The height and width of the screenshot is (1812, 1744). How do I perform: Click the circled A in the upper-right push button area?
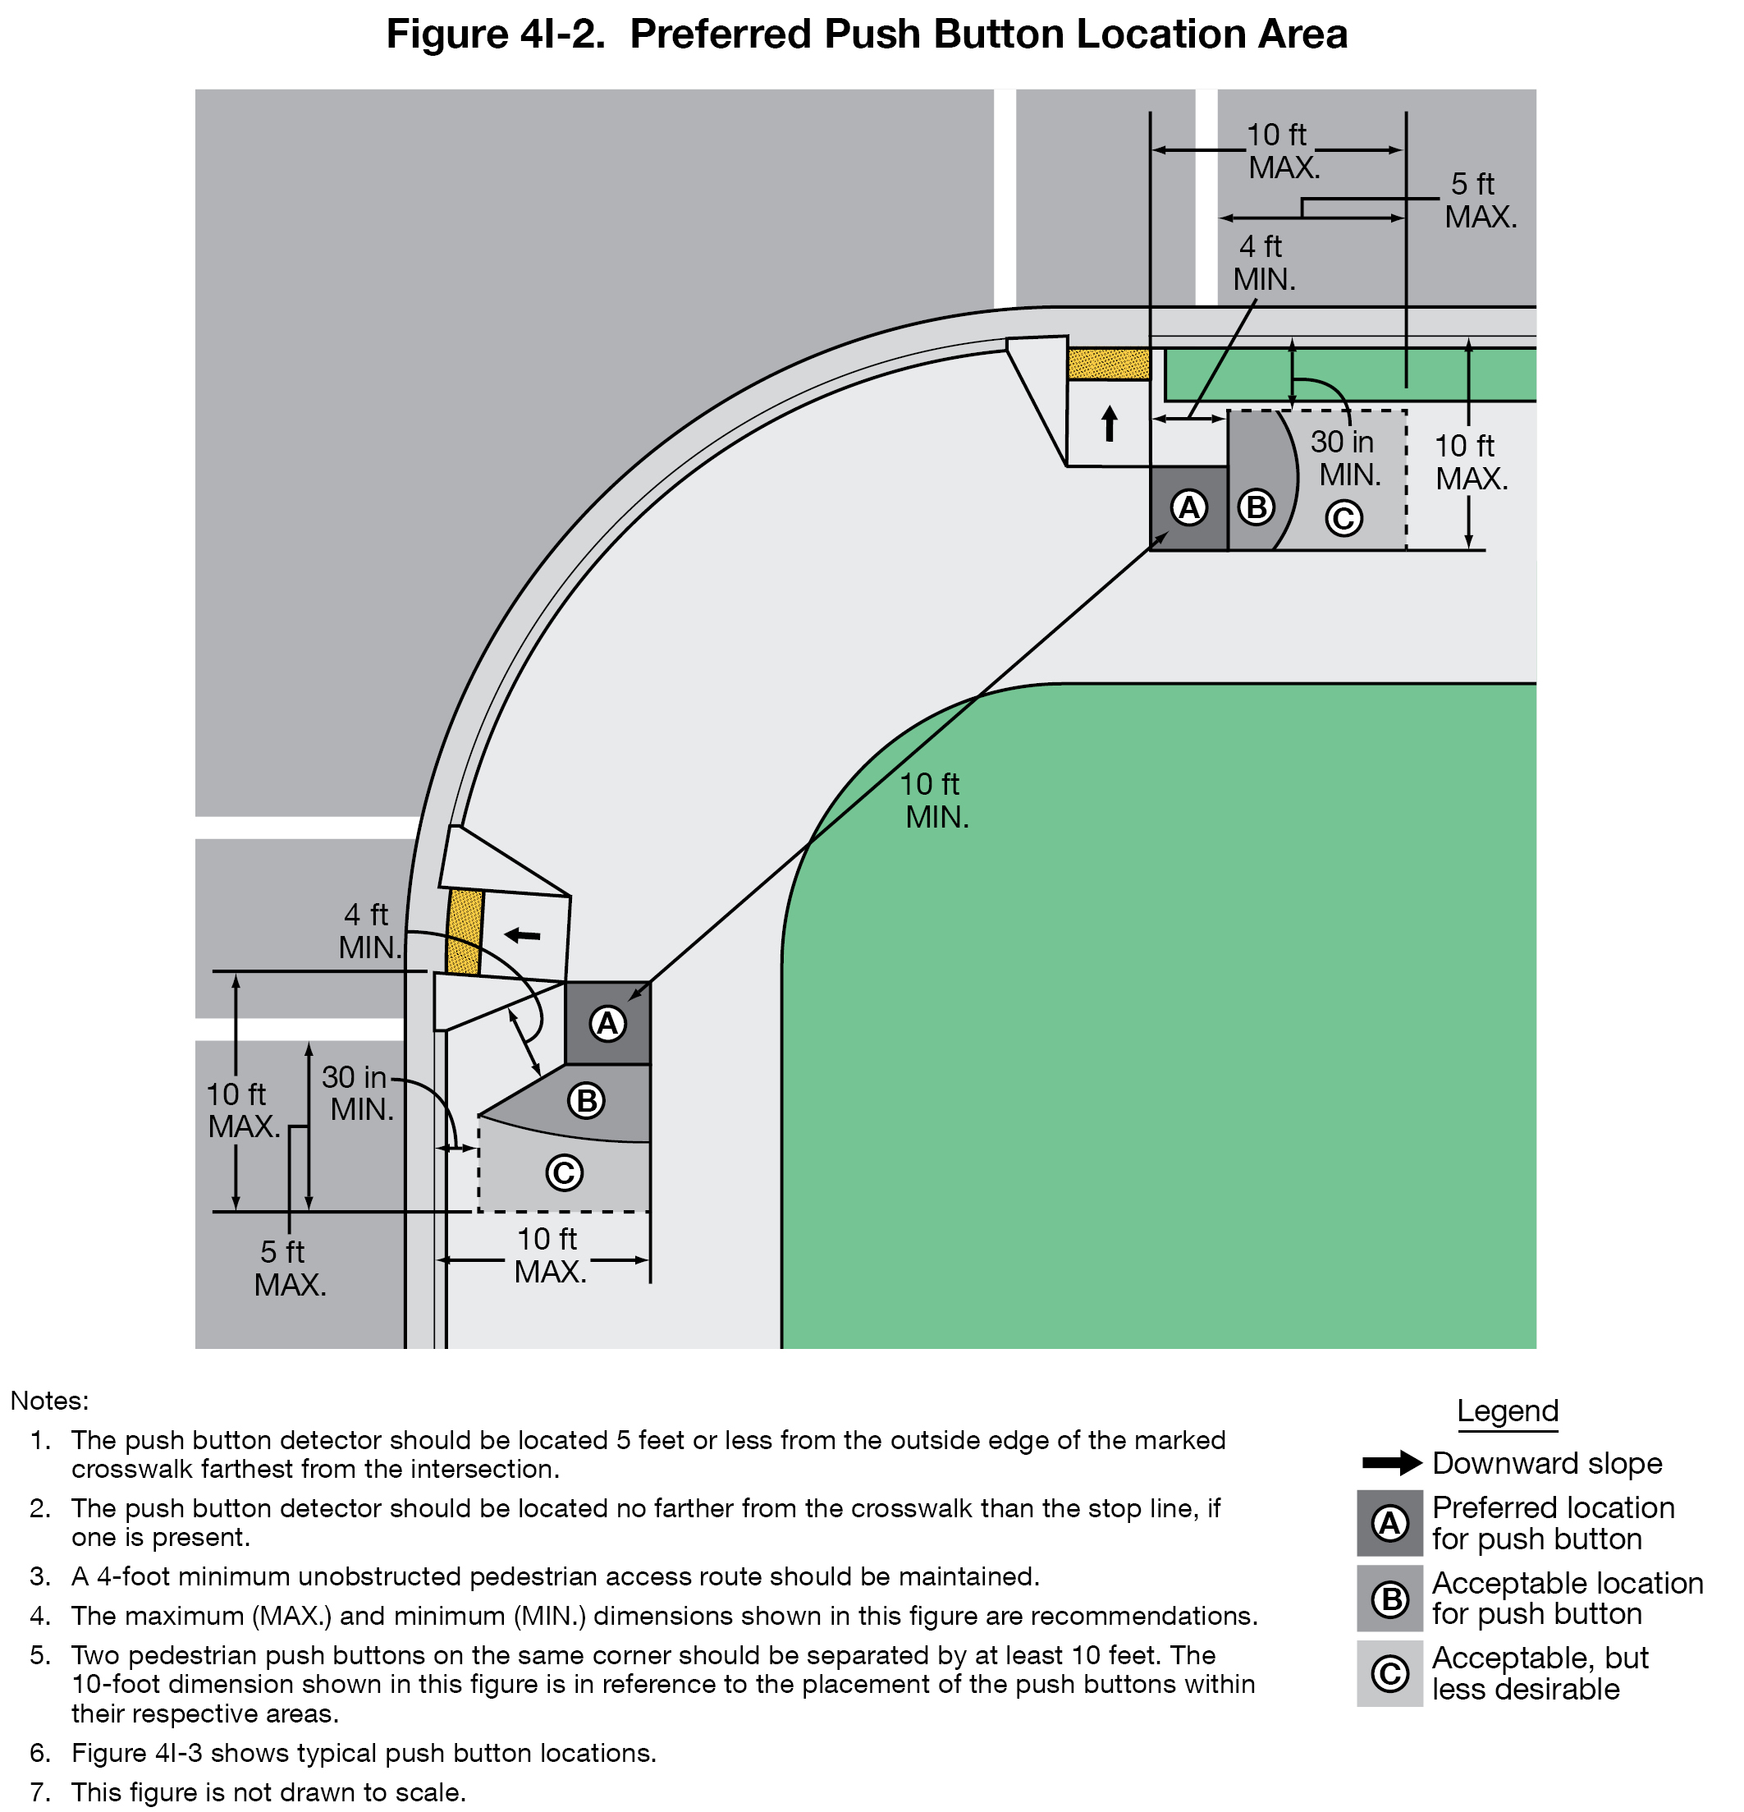[x=1188, y=507]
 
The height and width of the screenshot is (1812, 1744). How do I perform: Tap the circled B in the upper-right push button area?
[x=1256, y=507]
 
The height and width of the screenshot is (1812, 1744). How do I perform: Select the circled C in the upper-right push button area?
[x=1343, y=518]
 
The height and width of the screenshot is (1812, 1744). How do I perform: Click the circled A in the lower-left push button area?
[x=607, y=1024]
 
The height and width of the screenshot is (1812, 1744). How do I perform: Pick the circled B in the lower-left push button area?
[x=586, y=1101]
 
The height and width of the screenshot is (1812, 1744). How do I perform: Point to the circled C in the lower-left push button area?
[x=564, y=1173]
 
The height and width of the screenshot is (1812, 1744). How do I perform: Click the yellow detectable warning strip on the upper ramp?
[x=1108, y=364]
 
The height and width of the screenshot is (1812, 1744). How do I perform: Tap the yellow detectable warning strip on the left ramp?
[x=464, y=932]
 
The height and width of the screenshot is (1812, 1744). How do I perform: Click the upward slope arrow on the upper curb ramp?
[x=1109, y=424]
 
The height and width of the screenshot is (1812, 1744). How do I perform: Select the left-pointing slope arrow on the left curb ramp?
[x=522, y=936]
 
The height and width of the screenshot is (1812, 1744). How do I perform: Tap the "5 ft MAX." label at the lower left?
[x=289, y=1268]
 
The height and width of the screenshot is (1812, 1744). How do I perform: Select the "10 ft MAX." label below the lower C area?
[x=549, y=1255]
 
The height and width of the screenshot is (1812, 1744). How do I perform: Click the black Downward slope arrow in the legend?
[x=1392, y=1463]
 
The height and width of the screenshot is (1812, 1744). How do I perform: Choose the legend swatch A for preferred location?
[x=1389, y=1523]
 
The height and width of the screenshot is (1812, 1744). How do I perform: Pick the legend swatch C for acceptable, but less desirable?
[x=1389, y=1673]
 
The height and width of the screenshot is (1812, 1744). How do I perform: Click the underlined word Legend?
[x=1507, y=1411]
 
